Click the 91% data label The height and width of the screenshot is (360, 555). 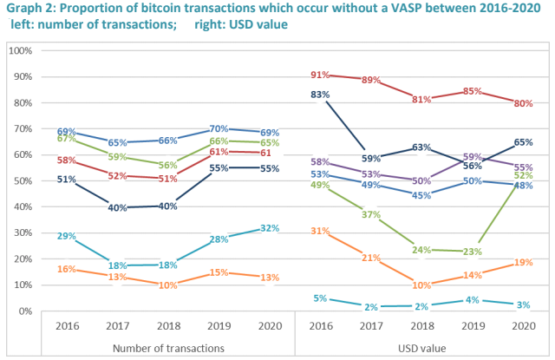pyautogui.click(x=320, y=75)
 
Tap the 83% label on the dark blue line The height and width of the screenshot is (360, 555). pyautogui.click(x=320, y=95)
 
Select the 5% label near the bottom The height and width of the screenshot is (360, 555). pyautogui.click(x=320, y=298)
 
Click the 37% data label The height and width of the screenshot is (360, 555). pyautogui.click(x=371, y=215)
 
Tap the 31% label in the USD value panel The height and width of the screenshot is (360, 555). pyautogui.click(x=320, y=231)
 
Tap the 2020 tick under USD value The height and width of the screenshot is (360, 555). pyautogui.click(x=522, y=327)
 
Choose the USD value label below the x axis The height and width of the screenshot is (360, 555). pyautogui.click(x=421, y=347)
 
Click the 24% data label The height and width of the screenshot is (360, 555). pyautogui.click(x=422, y=249)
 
